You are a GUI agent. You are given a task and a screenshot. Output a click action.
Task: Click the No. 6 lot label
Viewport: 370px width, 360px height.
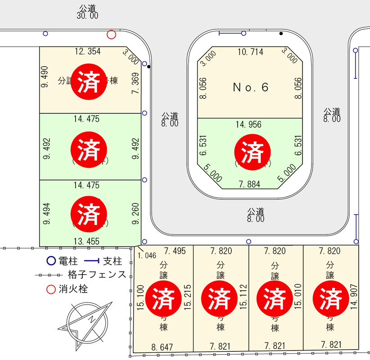click(250, 87)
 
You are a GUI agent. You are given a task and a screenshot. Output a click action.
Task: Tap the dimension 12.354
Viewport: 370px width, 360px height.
click(88, 51)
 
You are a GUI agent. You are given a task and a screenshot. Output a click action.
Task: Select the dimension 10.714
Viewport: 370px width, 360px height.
click(250, 52)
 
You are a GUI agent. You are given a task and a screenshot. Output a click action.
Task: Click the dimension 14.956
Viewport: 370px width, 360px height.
click(248, 125)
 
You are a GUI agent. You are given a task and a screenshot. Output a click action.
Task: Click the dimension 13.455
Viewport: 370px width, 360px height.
click(86, 241)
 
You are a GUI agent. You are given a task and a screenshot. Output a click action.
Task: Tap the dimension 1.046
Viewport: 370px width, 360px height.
click(147, 255)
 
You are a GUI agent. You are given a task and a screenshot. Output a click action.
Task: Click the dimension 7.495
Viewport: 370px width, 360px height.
click(175, 251)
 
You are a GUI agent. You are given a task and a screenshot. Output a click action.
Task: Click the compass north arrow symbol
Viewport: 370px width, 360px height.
click(90, 320)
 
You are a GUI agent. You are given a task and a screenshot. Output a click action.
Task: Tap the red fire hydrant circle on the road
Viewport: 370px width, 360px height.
click(111, 35)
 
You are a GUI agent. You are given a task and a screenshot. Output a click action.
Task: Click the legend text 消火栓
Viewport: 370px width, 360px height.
click(73, 289)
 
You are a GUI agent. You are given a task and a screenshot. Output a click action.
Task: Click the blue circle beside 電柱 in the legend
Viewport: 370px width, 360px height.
click(51, 261)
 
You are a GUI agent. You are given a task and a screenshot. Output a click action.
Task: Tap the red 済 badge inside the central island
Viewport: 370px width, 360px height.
click(253, 151)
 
